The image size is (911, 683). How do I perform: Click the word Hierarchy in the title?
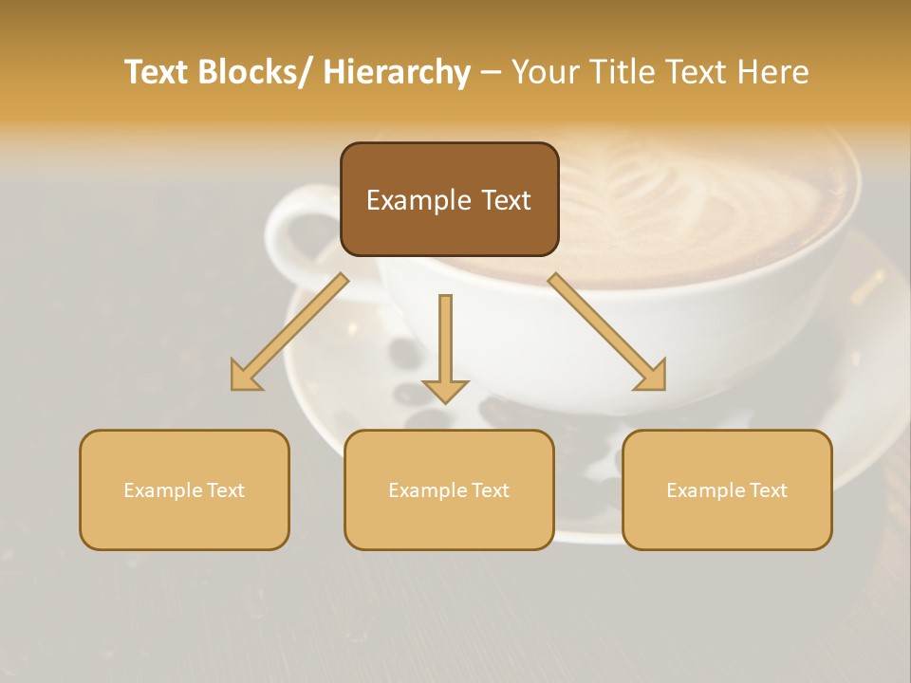(x=397, y=72)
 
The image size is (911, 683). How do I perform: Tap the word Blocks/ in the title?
(x=259, y=72)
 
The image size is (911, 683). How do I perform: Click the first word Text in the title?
(x=158, y=72)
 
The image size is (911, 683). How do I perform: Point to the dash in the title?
(x=491, y=72)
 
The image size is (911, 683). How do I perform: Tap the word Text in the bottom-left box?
(x=225, y=490)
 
